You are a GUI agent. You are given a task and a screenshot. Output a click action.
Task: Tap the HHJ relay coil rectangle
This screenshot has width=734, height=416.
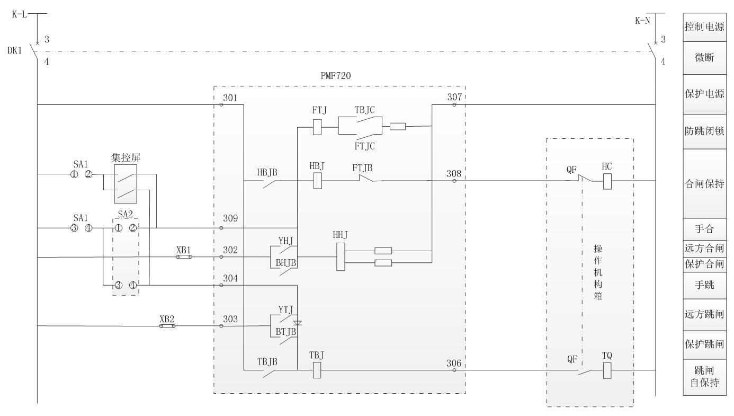click(x=341, y=257)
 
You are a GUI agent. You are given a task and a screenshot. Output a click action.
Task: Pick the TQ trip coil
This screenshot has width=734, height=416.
click(x=607, y=370)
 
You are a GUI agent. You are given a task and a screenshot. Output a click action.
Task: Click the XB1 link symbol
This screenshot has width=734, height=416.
click(x=184, y=257)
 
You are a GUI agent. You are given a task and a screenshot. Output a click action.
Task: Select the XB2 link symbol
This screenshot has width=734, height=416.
click(x=167, y=326)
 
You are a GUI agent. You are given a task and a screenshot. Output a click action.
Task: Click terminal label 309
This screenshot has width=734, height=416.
click(x=230, y=218)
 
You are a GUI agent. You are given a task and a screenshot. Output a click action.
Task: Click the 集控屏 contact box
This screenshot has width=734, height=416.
click(x=126, y=183)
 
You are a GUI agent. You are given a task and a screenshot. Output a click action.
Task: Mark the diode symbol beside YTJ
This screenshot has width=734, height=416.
click(x=297, y=323)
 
